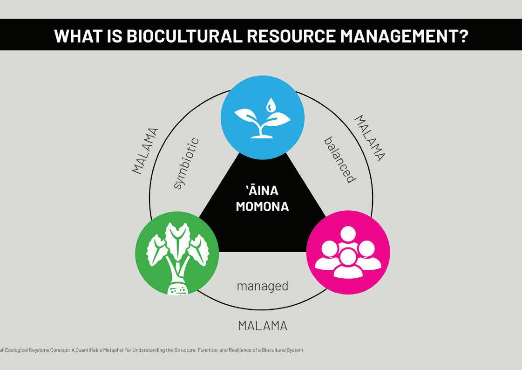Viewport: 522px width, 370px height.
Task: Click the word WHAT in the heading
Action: (74, 36)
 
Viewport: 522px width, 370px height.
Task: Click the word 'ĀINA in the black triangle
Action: (262, 191)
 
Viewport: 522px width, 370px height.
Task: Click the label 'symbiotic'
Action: (185, 163)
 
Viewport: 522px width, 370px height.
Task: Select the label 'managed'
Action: (262, 285)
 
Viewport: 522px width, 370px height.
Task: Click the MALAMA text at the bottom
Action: (262, 326)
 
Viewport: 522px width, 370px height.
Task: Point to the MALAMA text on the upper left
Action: (145, 150)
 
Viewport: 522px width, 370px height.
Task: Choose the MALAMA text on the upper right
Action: (370, 138)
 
